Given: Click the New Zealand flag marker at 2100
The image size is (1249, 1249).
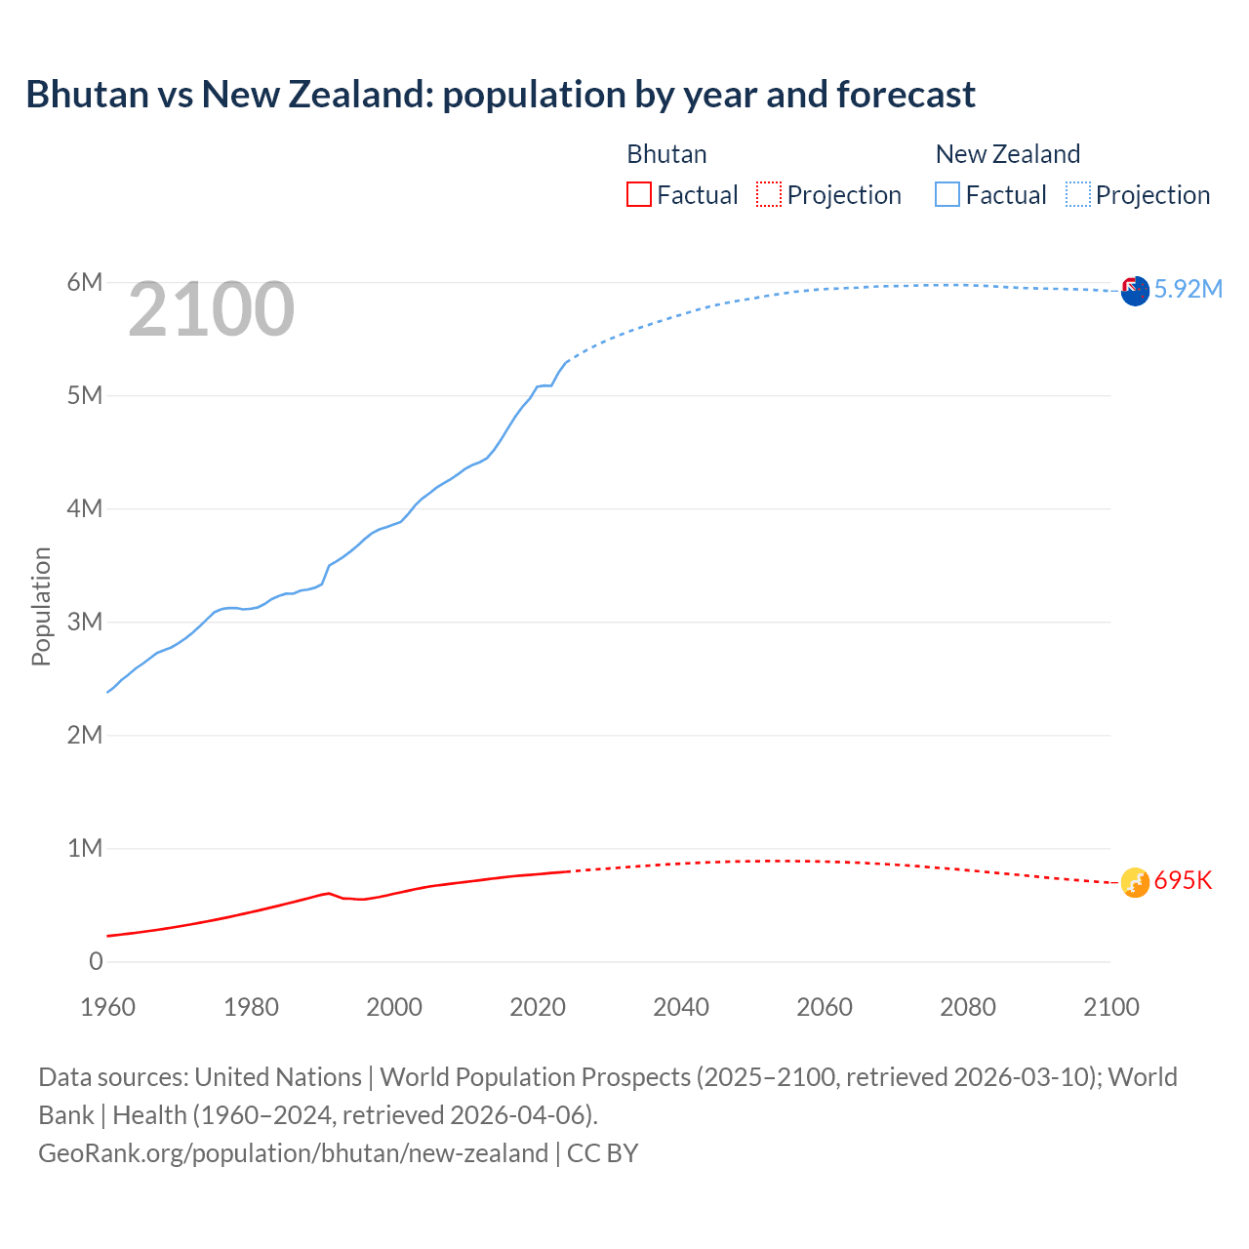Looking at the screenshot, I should coord(1135,291).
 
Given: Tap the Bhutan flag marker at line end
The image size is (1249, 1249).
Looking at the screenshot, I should coord(1135,882).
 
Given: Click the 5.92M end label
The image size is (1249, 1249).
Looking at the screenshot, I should coord(1188,289).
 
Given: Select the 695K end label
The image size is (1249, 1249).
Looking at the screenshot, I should coord(1183,880).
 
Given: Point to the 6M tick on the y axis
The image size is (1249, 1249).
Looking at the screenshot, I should coord(85,283).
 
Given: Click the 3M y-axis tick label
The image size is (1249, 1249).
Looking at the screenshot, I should coord(85,622).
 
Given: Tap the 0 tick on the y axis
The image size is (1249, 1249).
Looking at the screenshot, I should coord(96,961).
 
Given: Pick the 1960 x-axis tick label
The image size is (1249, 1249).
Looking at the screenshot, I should coord(107,1007).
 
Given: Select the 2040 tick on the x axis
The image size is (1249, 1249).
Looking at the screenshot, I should coord(681,1007).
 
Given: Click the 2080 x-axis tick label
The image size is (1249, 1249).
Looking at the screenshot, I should coord(968,1007).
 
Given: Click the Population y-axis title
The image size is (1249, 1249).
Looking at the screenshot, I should coord(41,606).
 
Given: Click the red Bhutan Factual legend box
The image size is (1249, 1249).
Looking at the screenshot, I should coord(639,194).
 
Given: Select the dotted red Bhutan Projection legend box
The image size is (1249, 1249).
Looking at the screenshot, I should coord(769,194).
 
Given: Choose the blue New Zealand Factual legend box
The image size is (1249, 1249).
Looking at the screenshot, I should coord(947,194).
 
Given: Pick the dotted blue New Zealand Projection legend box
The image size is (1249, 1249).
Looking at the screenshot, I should coord(1078,194).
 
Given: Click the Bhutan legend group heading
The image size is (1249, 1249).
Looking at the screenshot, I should coord(666,154).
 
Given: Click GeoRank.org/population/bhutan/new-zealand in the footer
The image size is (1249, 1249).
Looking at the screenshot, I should coord(293,1152).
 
